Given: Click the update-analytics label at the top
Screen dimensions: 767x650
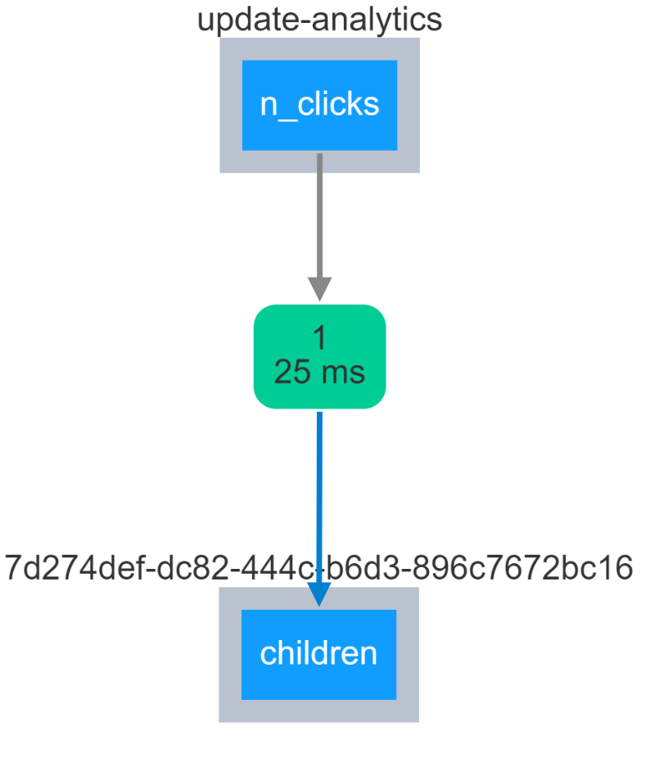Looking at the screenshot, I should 319,20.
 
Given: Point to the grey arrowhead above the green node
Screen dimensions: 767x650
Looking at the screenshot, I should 319,288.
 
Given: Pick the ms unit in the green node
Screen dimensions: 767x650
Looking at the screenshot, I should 342,373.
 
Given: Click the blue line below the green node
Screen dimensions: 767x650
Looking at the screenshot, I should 319,491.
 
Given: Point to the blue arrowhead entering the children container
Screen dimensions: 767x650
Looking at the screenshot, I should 318,593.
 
